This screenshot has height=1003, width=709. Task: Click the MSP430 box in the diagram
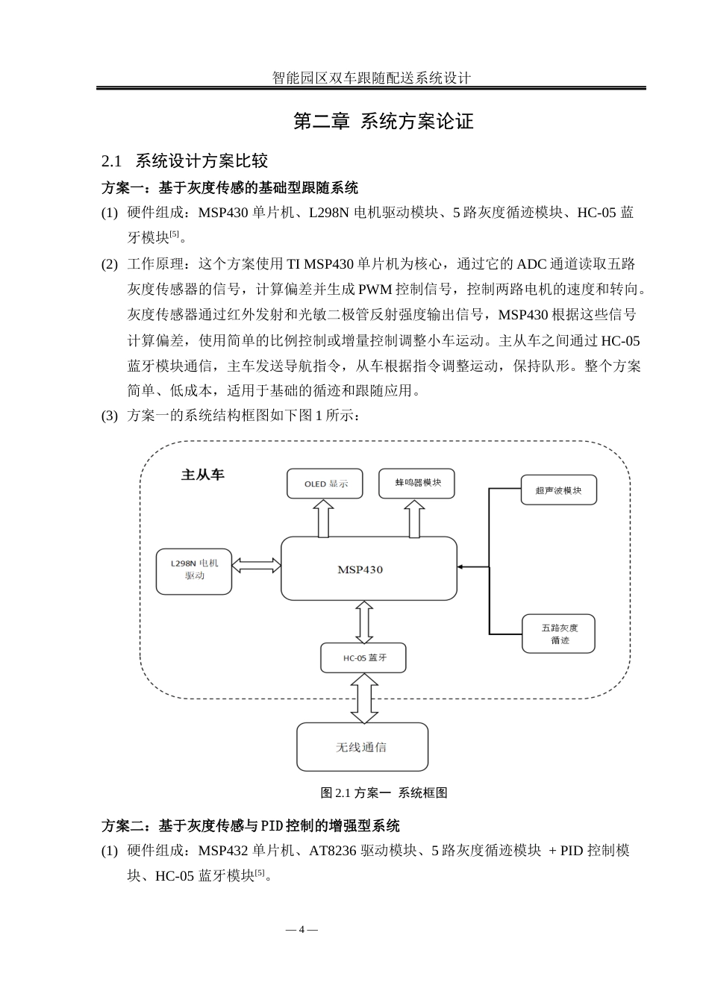tap(369, 569)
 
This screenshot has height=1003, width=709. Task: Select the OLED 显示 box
tap(325, 484)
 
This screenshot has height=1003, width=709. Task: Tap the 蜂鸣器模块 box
tap(416, 483)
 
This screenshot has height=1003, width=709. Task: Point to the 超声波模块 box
tap(558, 490)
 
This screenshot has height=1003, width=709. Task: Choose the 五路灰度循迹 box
tap(559, 634)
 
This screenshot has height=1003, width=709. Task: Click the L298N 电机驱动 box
tap(194, 571)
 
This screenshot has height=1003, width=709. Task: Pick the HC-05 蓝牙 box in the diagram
tap(364, 657)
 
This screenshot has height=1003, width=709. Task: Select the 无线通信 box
tap(363, 746)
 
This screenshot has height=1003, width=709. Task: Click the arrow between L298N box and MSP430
tap(256, 566)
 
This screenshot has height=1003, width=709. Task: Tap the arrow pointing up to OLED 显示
tap(323, 519)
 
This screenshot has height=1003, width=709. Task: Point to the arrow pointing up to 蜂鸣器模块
tap(414, 519)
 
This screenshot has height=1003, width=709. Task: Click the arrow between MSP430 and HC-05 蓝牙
tap(364, 622)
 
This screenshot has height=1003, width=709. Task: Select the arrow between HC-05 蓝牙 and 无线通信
tap(364, 698)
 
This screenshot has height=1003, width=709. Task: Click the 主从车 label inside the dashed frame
tap(202, 475)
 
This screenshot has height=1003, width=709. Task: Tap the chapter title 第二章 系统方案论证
tap(383, 122)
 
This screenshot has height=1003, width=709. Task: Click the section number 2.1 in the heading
tap(112, 161)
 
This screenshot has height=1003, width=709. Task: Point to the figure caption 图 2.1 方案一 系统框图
tap(384, 793)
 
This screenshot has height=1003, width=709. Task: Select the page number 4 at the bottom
tap(302, 929)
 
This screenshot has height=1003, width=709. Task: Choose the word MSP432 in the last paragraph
tap(224, 851)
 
